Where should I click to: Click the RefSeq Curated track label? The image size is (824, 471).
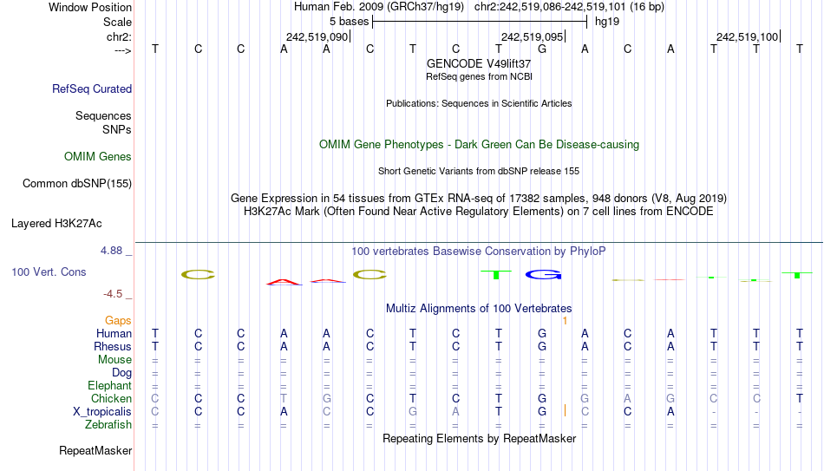click(92, 88)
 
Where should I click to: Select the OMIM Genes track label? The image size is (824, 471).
click(98, 157)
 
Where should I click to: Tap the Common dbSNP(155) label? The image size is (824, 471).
click(77, 184)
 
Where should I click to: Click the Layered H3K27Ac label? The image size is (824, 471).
click(56, 224)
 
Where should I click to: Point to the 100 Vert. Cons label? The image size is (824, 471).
click(49, 271)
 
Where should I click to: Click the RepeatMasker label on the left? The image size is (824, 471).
click(95, 450)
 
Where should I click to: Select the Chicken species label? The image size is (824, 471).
click(111, 398)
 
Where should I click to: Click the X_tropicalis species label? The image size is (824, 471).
click(102, 412)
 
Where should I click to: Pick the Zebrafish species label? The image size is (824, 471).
click(108, 424)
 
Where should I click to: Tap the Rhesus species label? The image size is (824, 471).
click(113, 346)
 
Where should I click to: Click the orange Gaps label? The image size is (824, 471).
click(118, 320)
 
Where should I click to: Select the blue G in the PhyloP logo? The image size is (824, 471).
click(543, 274)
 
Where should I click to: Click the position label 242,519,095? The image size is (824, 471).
click(532, 36)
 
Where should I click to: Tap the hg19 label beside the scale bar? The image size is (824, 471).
click(607, 22)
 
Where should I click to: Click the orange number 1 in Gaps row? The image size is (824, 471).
click(565, 321)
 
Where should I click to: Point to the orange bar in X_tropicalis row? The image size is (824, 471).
click(565, 410)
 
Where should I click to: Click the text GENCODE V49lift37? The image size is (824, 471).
click(479, 63)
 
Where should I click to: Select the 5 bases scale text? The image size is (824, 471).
click(349, 22)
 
